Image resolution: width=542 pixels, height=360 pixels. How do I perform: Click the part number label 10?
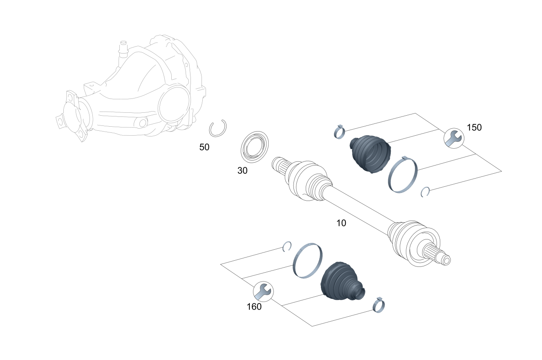click(x=341, y=223)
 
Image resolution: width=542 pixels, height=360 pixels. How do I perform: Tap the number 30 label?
click(x=242, y=171)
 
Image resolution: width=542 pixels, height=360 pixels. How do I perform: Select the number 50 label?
click(x=204, y=147)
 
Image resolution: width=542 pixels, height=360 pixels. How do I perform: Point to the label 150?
click(x=474, y=127)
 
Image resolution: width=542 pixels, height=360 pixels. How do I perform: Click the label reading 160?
click(x=254, y=306)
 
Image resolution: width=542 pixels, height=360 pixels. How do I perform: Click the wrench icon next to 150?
click(x=453, y=138)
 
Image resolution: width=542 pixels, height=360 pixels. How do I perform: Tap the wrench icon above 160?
click(x=263, y=291)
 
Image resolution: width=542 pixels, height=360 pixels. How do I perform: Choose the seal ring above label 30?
click(x=255, y=145)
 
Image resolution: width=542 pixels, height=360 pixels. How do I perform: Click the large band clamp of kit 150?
click(x=403, y=175)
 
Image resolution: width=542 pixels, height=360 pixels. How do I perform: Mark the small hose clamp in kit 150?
click(x=339, y=132)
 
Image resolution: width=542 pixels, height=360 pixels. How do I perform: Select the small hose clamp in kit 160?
click(x=379, y=304)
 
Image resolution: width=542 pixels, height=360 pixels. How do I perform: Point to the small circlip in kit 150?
click(x=425, y=191)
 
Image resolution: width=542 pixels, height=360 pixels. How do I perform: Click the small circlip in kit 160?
click(x=287, y=246)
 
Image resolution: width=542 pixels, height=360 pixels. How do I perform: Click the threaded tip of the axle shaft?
click(x=446, y=259)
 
